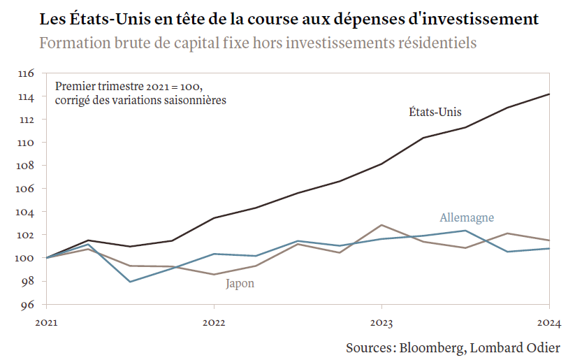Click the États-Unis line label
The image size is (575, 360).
point(435,111)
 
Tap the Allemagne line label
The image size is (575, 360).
point(467,217)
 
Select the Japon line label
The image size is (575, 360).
point(240,283)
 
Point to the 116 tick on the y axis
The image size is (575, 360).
point(26,73)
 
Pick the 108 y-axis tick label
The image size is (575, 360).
point(26,166)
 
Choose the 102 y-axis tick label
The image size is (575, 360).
point(26,235)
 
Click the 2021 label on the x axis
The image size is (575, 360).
point(46,323)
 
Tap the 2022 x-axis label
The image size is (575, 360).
point(214,323)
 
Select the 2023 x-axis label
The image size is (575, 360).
point(381,323)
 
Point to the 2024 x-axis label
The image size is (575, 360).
point(549,323)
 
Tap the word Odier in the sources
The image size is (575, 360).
point(541,347)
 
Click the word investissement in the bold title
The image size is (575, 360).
point(483,18)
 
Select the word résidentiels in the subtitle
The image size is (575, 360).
point(437,43)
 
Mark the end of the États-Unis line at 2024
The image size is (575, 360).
point(549,94)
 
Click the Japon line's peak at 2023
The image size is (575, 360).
point(381,225)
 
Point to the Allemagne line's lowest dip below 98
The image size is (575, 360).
point(131,282)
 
